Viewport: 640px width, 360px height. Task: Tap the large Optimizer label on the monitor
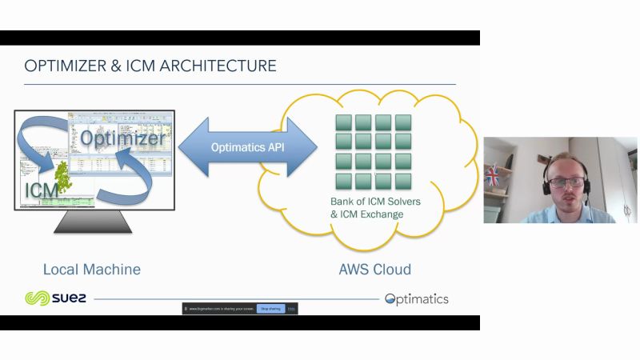[x=122, y=138]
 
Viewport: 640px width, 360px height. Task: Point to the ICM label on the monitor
[x=41, y=190]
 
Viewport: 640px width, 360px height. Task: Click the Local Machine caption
[x=92, y=269]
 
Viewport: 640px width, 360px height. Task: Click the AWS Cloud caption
[x=375, y=269]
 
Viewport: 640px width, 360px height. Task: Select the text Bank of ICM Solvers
[x=375, y=202]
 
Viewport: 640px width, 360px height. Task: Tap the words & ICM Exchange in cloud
[x=367, y=214]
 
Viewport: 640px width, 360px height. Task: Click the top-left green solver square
[x=343, y=122]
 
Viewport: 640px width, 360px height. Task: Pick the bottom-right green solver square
[x=403, y=181]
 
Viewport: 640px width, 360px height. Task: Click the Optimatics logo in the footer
[x=417, y=299]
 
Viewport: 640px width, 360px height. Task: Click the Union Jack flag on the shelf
[x=492, y=174]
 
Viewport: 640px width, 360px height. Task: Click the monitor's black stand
[x=92, y=222]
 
